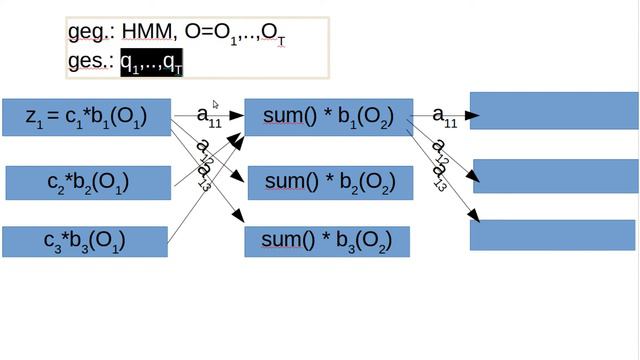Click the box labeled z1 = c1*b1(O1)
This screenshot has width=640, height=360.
(x=86, y=118)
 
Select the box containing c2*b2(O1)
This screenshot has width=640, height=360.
(x=86, y=182)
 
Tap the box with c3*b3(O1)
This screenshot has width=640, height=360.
(x=84, y=241)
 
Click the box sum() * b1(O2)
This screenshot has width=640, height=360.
(x=328, y=117)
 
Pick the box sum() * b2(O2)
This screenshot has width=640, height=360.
(x=328, y=181)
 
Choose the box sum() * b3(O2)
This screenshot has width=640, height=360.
(x=327, y=241)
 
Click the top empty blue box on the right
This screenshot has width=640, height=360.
(x=553, y=110)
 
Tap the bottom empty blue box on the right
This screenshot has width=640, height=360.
(x=553, y=234)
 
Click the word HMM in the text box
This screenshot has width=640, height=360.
(x=146, y=33)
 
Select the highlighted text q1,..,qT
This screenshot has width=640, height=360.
(x=151, y=62)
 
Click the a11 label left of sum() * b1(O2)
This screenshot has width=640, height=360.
(x=209, y=117)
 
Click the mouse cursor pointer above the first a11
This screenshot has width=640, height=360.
(x=216, y=103)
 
